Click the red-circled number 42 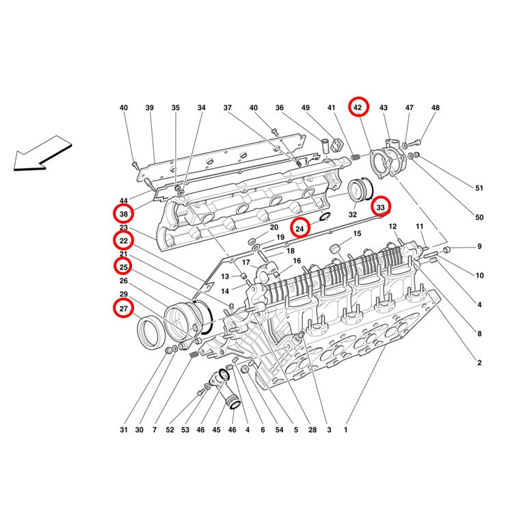click(358, 107)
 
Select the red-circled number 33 click(380, 207)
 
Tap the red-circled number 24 click(300, 229)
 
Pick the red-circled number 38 click(124, 214)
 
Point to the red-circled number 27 click(123, 308)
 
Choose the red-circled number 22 click(124, 241)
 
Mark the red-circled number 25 click(124, 267)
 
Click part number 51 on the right click(479, 188)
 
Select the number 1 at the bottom click(345, 429)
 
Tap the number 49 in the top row click(305, 107)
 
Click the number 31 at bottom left click(123, 429)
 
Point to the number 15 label click(357, 233)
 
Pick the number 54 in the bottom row click(279, 429)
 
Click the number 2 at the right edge click(479, 362)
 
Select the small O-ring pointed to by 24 click(325, 217)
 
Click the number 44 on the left click(123, 200)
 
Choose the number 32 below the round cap click(352, 215)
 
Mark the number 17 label click(246, 263)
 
